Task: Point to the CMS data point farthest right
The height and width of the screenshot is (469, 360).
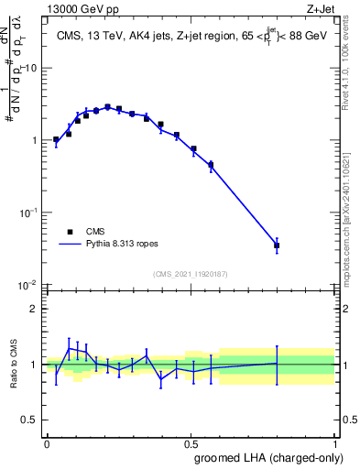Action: coord(302,245)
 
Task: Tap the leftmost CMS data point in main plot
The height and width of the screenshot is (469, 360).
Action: coord(56,140)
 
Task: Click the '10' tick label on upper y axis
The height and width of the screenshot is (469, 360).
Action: coord(32,69)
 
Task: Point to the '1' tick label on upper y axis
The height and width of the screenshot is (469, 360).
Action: coord(36,140)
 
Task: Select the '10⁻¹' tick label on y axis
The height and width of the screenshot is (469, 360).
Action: coord(30,212)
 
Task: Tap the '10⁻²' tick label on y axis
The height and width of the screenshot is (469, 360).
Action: coord(30,284)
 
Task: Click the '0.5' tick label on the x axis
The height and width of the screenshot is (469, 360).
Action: coord(191,442)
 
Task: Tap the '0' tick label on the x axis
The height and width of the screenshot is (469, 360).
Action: coord(47,442)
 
